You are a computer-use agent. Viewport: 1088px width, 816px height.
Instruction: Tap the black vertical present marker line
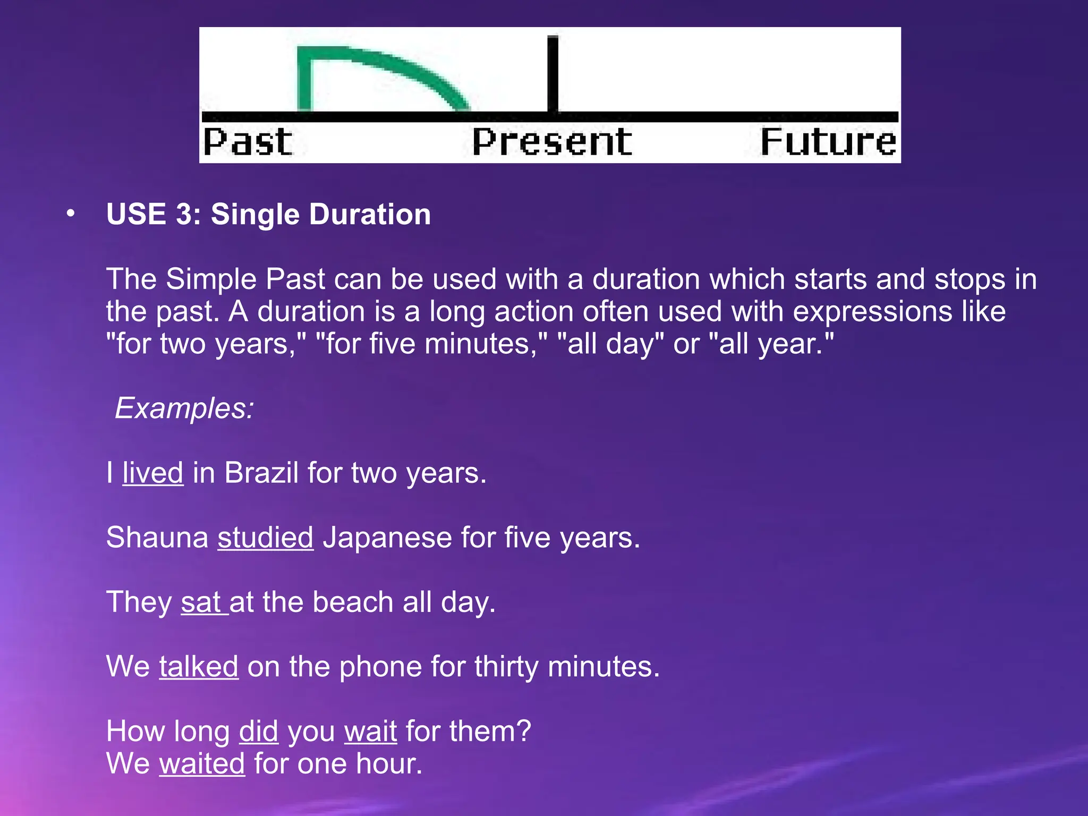pos(552,74)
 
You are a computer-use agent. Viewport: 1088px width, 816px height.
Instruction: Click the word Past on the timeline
pos(248,142)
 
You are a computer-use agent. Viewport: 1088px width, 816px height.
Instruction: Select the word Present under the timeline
pos(552,142)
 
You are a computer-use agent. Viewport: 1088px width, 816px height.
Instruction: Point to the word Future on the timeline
pos(828,142)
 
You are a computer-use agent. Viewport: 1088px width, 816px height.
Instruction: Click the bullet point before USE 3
pos(71,214)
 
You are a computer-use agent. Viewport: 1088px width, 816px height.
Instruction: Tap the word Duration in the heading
pos(370,214)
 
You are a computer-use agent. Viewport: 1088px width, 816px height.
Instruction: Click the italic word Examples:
pos(184,408)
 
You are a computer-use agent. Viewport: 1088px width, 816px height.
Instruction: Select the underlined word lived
pos(153,472)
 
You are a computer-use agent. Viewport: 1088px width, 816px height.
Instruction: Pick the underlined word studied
pos(265,537)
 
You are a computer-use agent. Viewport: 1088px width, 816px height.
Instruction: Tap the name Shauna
pos(157,537)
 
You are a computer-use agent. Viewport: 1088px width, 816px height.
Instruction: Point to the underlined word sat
pos(201,602)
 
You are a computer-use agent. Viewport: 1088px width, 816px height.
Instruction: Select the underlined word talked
pos(198,666)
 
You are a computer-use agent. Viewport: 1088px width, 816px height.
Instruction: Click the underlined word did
pos(258,731)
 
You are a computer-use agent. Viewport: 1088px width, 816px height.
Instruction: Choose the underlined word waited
pos(202,763)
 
